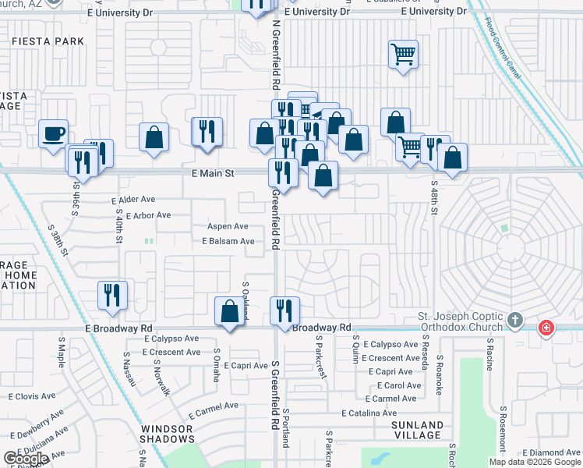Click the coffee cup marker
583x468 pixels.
[x=53, y=133]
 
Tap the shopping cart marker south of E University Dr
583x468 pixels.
[x=403, y=55]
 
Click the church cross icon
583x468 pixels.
[x=514, y=321]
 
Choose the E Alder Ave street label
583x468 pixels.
[x=140, y=200]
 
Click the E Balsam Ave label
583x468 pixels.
[x=228, y=242]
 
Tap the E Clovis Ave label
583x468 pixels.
[x=32, y=396]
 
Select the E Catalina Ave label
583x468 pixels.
[x=369, y=413]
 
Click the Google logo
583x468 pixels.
[x=26, y=459]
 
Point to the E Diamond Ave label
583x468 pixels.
[x=552, y=452]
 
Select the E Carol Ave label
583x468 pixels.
[x=400, y=385]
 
